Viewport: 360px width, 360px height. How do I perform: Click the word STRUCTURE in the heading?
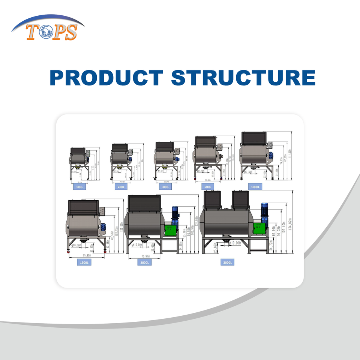coord(243,77)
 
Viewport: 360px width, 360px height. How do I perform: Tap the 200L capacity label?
coord(121,186)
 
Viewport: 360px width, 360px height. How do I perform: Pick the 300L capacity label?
coord(165,186)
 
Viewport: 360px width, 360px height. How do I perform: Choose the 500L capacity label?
coord(207,186)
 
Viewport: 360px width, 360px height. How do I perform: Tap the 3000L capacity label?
coord(228,262)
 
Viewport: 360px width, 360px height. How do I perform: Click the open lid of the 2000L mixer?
coord(144,203)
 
